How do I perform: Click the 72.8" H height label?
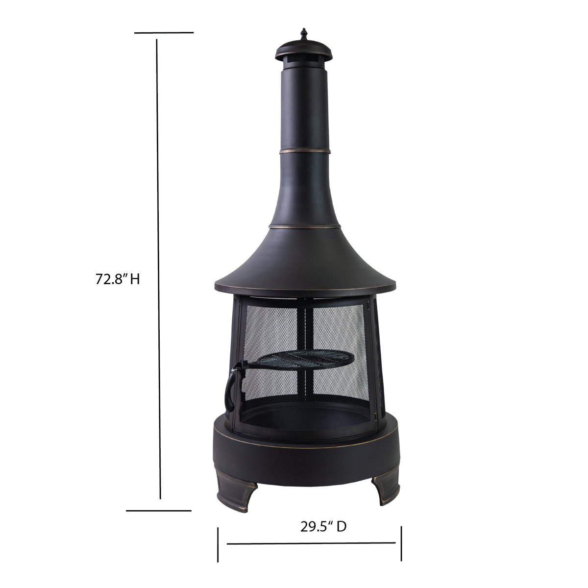pos(118,280)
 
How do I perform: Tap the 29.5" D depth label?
pos(323,526)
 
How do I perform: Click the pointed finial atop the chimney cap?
pos(303,35)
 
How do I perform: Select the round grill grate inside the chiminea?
pos(306,360)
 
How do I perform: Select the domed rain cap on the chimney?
pos(303,49)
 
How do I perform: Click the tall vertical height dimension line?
pos(159,269)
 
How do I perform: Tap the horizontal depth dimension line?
pos(311,543)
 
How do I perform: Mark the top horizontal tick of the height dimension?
pos(164,33)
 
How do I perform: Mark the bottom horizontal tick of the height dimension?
pos(158,511)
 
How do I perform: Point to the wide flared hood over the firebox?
pos(305,265)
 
